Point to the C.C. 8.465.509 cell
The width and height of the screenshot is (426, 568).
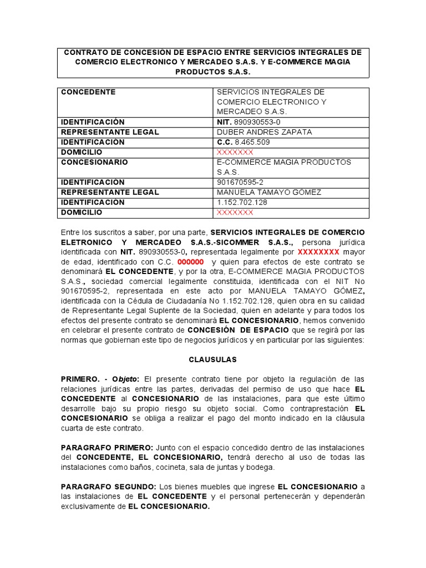[x=244, y=142]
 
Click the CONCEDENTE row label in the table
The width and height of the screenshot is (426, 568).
[x=88, y=92]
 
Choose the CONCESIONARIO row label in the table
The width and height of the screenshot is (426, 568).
[x=94, y=162]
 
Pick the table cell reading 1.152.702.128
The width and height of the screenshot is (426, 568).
[x=242, y=202]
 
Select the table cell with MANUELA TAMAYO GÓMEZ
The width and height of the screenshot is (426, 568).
[x=269, y=192]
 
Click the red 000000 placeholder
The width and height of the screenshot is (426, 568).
[x=190, y=262]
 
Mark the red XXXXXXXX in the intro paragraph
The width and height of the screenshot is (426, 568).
[x=318, y=251]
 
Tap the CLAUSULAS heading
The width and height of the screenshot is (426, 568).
[x=213, y=359]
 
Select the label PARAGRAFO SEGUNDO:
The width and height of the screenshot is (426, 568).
[x=108, y=486]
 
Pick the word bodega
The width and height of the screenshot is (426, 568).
[x=261, y=467]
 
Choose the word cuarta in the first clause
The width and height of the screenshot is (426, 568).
[x=72, y=429]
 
